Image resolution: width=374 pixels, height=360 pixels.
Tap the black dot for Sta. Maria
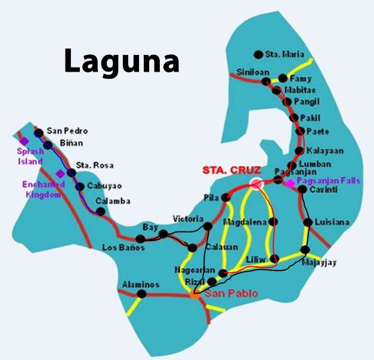pyautogui.click(x=258, y=54)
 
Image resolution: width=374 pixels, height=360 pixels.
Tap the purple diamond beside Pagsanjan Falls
pyautogui.click(x=290, y=183)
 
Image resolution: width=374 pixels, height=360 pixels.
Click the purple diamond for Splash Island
pyautogui.click(x=24, y=141)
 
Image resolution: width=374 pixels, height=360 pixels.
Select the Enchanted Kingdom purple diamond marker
pyautogui.click(x=60, y=174)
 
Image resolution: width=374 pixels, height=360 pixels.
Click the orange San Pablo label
pyautogui.click(x=222, y=294)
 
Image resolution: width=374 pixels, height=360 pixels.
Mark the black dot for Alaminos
pyautogui.click(x=141, y=294)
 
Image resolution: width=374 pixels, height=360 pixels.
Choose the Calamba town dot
pyautogui.click(x=101, y=211)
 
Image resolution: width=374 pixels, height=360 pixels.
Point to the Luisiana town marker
pyautogui.click(x=308, y=223)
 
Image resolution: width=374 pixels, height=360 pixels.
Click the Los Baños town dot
pyautogui.click(x=140, y=239)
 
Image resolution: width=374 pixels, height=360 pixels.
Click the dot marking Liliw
pyautogui.click(x=274, y=259)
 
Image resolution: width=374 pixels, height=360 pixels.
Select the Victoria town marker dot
pyautogui.click(x=208, y=226)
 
